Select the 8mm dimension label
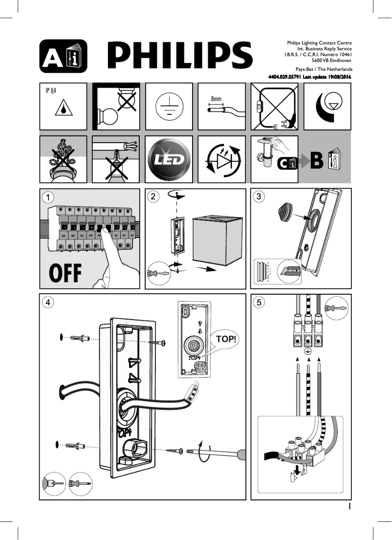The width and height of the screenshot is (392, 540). (x=216, y=99)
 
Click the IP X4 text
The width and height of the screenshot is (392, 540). (x=51, y=91)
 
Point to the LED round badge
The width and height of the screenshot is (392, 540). (x=169, y=159)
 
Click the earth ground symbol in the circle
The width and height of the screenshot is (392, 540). (x=169, y=107)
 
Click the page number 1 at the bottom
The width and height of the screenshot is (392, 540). (x=350, y=506)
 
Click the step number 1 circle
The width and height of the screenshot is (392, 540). (x=48, y=197)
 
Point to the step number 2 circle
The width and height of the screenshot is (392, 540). (x=154, y=197)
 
